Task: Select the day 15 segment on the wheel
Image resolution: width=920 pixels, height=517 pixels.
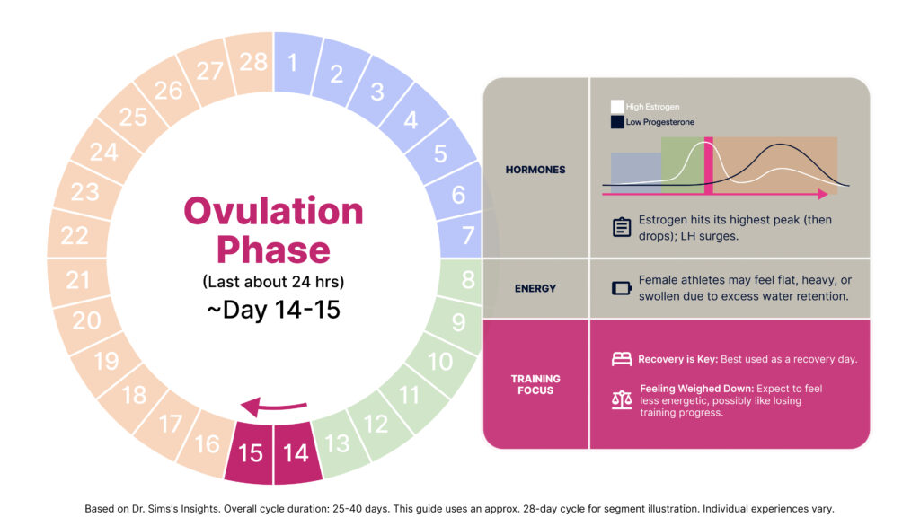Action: pyautogui.click(x=250, y=452)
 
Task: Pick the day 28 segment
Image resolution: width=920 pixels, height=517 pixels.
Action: pyautogui.click(x=251, y=63)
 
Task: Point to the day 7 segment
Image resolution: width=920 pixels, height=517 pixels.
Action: pyautogui.click(x=463, y=234)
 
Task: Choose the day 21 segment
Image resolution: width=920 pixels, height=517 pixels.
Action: pyautogui.click(x=78, y=280)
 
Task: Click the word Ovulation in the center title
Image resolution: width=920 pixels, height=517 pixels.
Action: pyautogui.click(x=273, y=211)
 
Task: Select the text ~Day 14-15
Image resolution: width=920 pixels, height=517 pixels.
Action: pyautogui.click(x=273, y=310)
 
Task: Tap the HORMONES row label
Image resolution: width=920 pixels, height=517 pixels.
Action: pyautogui.click(x=535, y=170)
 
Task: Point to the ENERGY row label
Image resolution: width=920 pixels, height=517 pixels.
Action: pyautogui.click(x=535, y=288)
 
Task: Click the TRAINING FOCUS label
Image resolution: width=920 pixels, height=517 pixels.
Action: pyautogui.click(x=535, y=384)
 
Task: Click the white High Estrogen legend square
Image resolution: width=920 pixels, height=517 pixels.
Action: pyautogui.click(x=617, y=107)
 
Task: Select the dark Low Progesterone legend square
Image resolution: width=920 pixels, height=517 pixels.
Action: pyautogui.click(x=617, y=122)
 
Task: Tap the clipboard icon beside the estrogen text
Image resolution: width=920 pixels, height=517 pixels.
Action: pyautogui.click(x=622, y=227)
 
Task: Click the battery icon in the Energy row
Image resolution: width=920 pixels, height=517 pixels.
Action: pyautogui.click(x=622, y=288)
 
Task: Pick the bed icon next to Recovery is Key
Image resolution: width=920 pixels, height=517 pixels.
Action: pyautogui.click(x=622, y=359)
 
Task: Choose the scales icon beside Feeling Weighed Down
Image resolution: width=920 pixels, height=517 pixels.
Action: pyautogui.click(x=622, y=400)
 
